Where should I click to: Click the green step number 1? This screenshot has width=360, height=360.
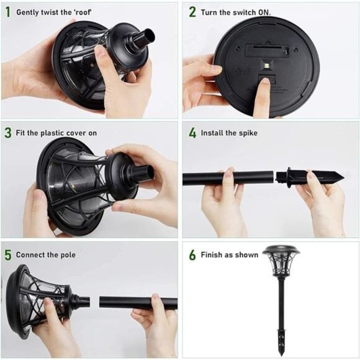pyautogui.click(x=8, y=12)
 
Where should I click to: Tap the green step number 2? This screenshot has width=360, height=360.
pyautogui.click(x=192, y=12)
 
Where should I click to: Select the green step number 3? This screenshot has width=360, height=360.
pyautogui.click(x=8, y=133)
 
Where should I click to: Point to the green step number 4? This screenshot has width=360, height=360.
pyautogui.click(x=192, y=133)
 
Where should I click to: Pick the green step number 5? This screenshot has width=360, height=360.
pyautogui.click(x=8, y=255)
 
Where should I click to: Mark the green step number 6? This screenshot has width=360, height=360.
pyautogui.click(x=192, y=255)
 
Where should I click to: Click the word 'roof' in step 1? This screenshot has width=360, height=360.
pyautogui.click(x=83, y=12)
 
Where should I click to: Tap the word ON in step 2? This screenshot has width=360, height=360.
pyautogui.click(x=264, y=12)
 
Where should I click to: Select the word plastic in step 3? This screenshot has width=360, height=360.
pyautogui.click(x=52, y=133)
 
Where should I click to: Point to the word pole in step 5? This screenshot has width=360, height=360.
pyautogui.click(x=68, y=255)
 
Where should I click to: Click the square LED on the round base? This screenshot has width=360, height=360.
pyautogui.click(x=267, y=66)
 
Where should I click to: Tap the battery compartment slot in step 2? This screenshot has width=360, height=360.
pyautogui.click(x=267, y=49)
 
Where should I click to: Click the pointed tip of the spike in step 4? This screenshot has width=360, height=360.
pyautogui.click(x=343, y=178)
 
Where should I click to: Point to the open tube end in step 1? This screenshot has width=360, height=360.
pyautogui.click(x=148, y=35)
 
